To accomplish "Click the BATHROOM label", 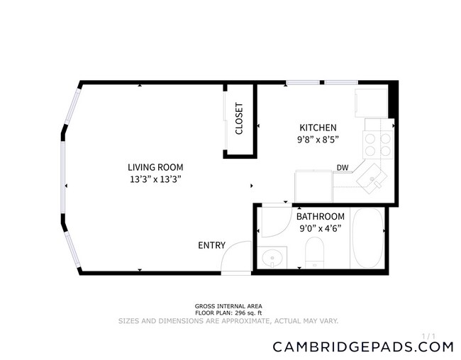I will (x=321, y=216).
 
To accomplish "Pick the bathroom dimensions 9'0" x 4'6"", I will (x=321, y=227).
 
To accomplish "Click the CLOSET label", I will (x=239, y=118).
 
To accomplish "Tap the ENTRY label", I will (x=211, y=246).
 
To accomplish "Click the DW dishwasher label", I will (x=343, y=168).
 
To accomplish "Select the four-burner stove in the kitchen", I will (x=379, y=145).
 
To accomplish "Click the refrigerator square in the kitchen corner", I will (x=371, y=102).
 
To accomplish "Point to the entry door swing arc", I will (x=234, y=257).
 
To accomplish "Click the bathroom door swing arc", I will (x=273, y=221).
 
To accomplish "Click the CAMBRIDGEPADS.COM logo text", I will (x=362, y=347).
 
